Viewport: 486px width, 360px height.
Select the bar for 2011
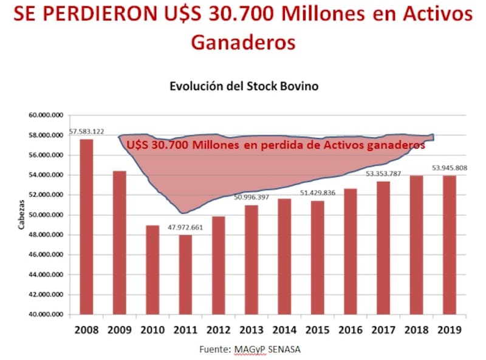click(185, 275)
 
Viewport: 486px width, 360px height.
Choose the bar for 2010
click(152, 270)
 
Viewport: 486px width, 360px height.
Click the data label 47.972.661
click(185, 226)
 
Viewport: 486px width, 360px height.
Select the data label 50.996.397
click(251, 197)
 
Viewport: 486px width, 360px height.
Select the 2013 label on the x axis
click(251, 330)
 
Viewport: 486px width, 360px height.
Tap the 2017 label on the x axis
click(383, 330)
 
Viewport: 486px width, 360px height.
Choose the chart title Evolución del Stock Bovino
click(244, 86)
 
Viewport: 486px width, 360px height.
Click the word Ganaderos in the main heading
click(244, 42)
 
